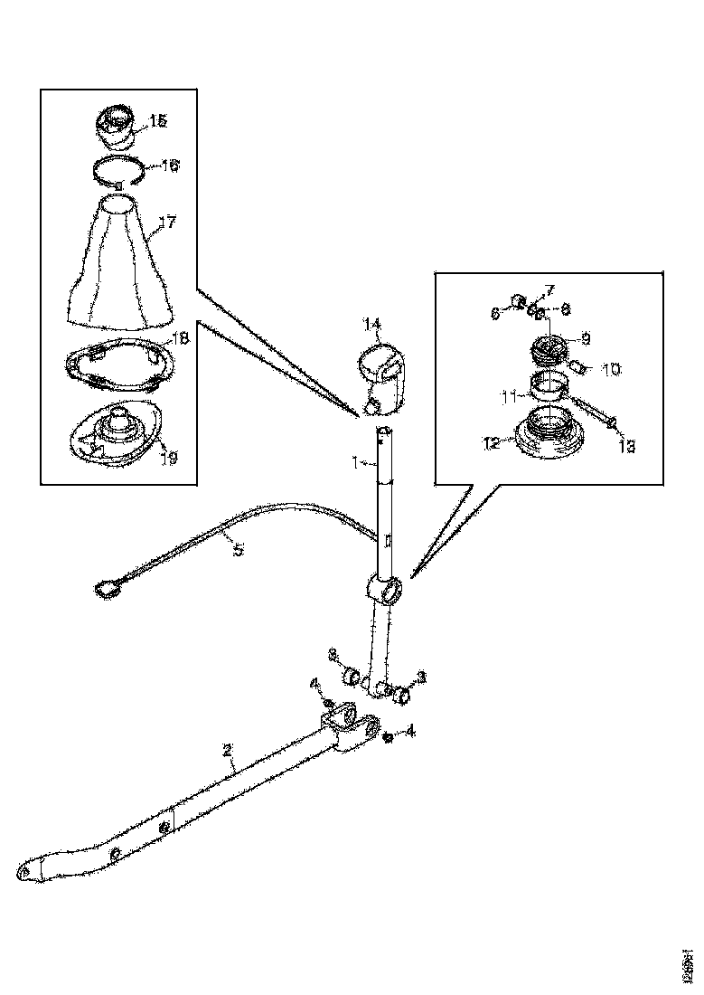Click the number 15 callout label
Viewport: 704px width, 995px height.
point(158,120)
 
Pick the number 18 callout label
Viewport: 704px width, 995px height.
point(179,337)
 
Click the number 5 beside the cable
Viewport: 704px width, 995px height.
point(238,548)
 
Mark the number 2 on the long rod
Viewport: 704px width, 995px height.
point(228,749)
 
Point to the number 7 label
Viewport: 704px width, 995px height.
point(548,289)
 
